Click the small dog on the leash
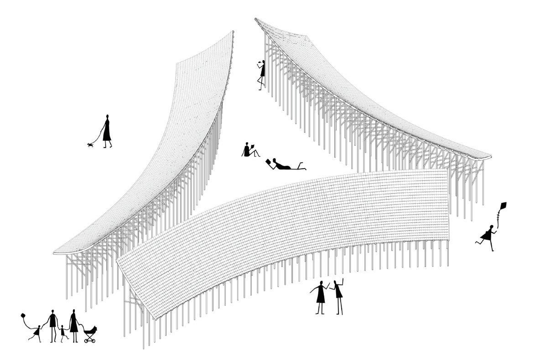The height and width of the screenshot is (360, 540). pyautogui.click(x=90, y=145)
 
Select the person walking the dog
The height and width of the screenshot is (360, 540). pyautogui.click(x=107, y=132)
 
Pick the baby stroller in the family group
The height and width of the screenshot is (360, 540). pyautogui.click(x=90, y=334)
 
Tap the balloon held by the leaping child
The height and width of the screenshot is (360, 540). pyautogui.click(x=23, y=315)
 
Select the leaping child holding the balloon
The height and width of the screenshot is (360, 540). pyautogui.click(x=36, y=332)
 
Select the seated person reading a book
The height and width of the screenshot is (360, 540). pyautogui.click(x=248, y=151)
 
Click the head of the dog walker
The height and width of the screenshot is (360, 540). pyautogui.click(x=107, y=117)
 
